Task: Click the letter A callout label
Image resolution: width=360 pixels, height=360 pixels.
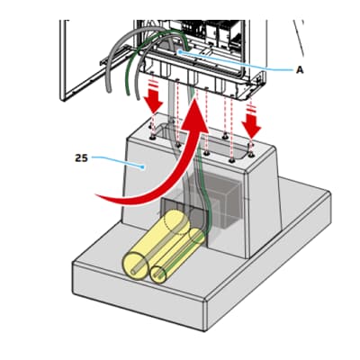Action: click(300, 70)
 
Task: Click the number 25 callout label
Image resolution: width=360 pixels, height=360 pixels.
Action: click(81, 158)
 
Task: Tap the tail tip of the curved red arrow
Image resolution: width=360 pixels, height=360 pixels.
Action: click(96, 195)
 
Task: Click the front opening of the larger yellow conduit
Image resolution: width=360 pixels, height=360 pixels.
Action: click(135, 266)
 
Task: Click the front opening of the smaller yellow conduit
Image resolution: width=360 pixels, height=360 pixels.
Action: click(158, 274)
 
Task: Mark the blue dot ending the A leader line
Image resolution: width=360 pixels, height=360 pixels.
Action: click(180, 52)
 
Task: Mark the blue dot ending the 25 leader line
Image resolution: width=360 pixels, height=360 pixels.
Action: click(143, 167)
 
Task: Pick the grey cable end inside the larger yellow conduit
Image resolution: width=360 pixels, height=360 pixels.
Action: click(134, 272)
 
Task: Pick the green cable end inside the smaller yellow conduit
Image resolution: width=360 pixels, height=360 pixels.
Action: click(157, 274)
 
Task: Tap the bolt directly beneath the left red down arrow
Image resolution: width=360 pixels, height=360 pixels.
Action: click(152, 138)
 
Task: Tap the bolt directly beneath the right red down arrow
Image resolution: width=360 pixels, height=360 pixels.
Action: click(251, 155)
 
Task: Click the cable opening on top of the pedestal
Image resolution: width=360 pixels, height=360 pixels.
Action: click(200, 144)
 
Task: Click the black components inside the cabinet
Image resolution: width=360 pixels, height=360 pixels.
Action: click(218, 30)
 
